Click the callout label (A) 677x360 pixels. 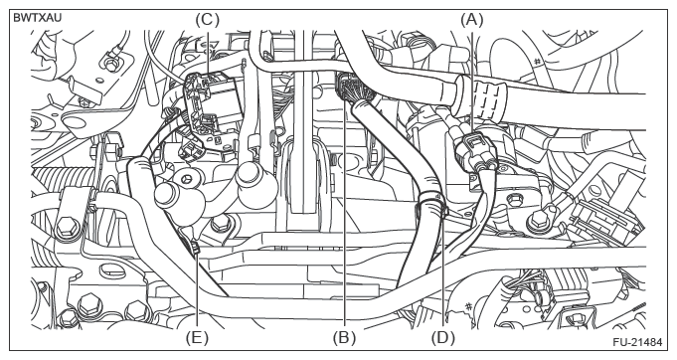coord(472,20)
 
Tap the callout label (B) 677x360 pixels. coord(344,337)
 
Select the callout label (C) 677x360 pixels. coord(207,20)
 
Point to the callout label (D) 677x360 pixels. coord(443,337)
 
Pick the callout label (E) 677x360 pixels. coord(197,337)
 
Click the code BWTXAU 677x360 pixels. coord(38,18)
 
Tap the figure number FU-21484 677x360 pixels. coord(637,342)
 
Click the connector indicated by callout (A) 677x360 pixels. coord(475,152)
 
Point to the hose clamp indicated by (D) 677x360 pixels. coord(431,204)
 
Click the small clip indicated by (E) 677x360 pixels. coord(195,248)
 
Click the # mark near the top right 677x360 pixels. coord(537,62)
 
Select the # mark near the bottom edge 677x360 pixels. coord(468,307)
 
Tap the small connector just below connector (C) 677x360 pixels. coord(189,150)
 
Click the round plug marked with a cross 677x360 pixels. coord(186,178)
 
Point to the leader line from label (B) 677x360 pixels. coord(344,202)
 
